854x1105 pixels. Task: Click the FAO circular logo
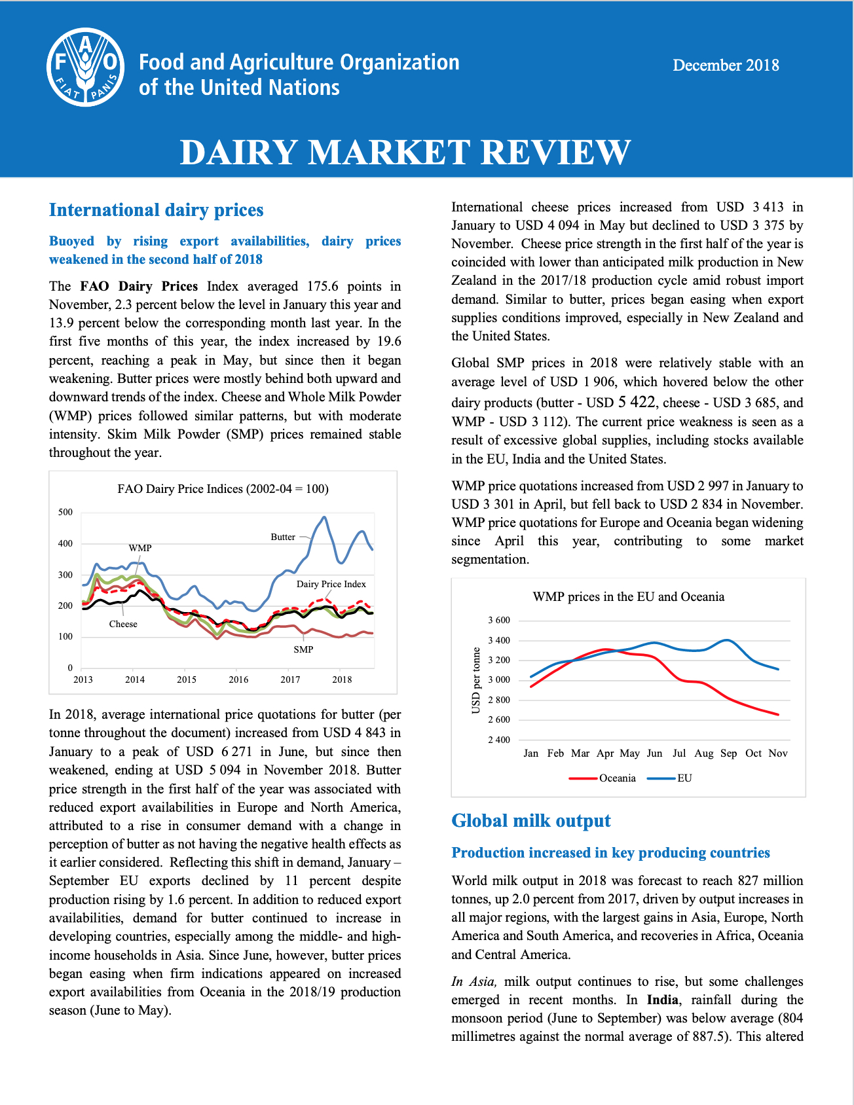click(86, 67)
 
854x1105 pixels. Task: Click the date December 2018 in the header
click(726, 65)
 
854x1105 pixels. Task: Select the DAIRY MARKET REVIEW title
click(405, 152)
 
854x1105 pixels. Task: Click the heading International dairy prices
click(156, 210)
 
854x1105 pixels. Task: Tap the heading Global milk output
click(531, 821)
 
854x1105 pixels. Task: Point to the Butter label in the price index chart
click(283, 537)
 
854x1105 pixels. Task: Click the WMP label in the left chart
click(140, 548)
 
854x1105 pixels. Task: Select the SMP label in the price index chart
click(303, 649)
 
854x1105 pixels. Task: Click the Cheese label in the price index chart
click(123, 624)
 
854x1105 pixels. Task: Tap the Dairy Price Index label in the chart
click(331, 584)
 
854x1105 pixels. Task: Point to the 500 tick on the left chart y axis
click(65, 512)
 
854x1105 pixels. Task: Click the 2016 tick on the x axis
click(238, 679)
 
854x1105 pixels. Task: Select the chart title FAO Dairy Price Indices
click(223, 489)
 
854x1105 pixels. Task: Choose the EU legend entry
click(669, 778)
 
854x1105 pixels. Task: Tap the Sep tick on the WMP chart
click(729, 753)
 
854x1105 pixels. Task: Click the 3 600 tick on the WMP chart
click(499, 621)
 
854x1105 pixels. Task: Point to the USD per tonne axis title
click(476, 680)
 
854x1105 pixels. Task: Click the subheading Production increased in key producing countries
click(611, 853)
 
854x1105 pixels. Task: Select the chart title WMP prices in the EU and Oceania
click(629, 597)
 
